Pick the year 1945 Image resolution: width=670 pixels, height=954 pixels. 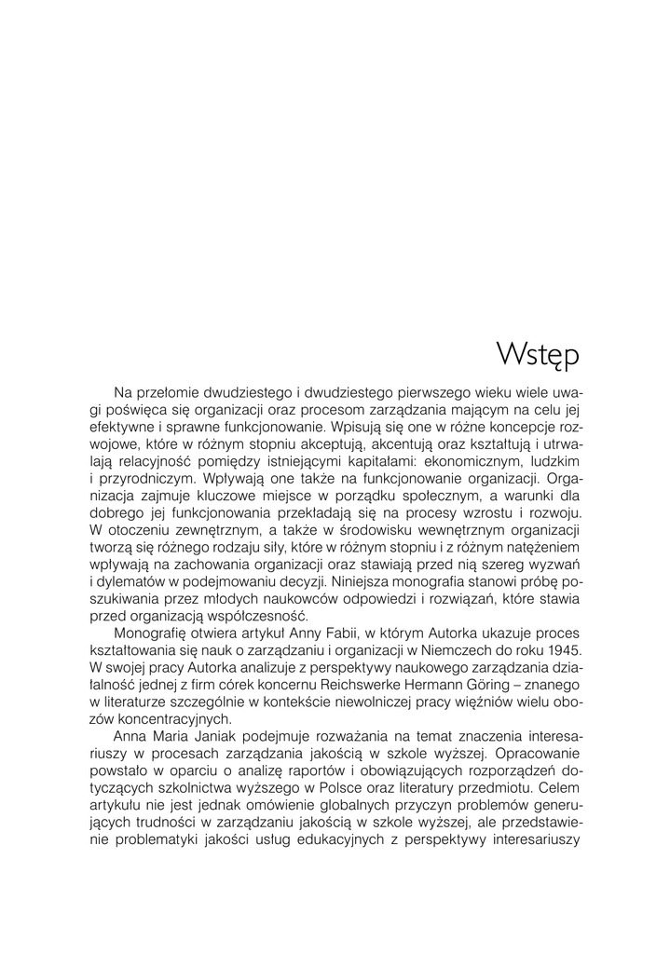[x=561, y=648]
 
